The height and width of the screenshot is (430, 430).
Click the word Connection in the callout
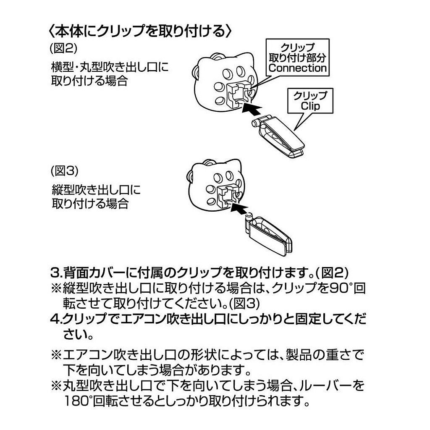[x=297, y=68]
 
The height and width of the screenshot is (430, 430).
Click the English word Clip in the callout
[x=310, y=106]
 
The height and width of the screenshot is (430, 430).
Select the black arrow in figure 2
[x=256, y=110]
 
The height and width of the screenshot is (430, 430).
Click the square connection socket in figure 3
[x=227, y=195]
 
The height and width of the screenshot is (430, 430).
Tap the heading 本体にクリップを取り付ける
[x=141, y=31]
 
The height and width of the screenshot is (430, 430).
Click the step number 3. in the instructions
[x=56, y=273]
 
